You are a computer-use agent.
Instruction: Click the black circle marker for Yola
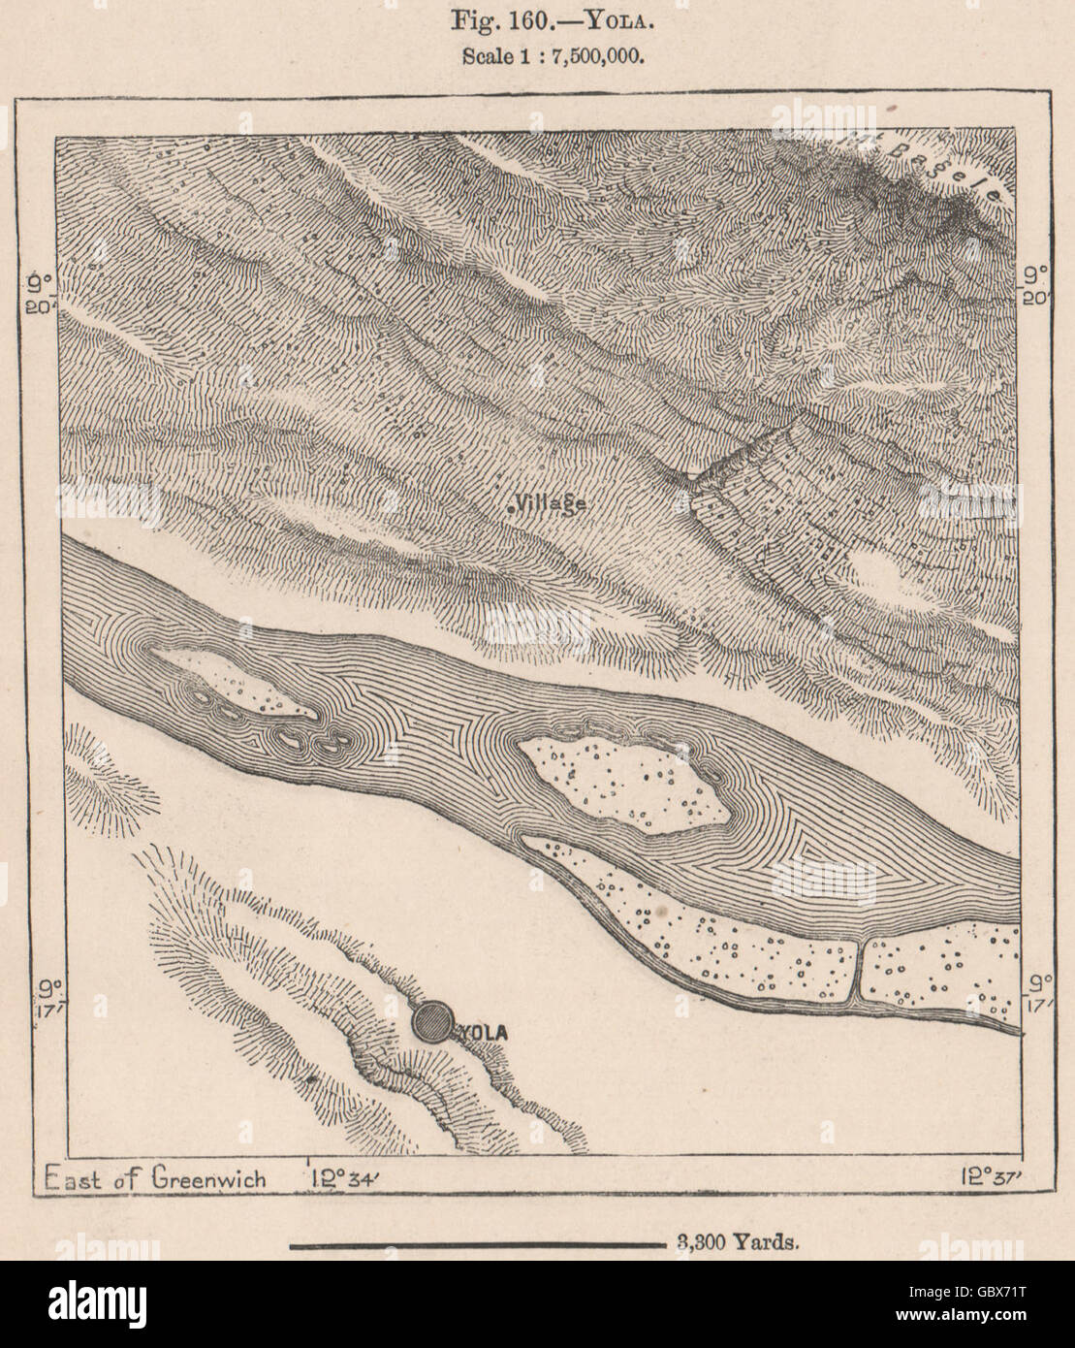point(431,1022)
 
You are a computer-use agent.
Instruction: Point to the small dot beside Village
point(511,505)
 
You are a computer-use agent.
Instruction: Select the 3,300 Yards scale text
point(733,1243)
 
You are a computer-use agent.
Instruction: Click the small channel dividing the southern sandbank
point(858,970)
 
